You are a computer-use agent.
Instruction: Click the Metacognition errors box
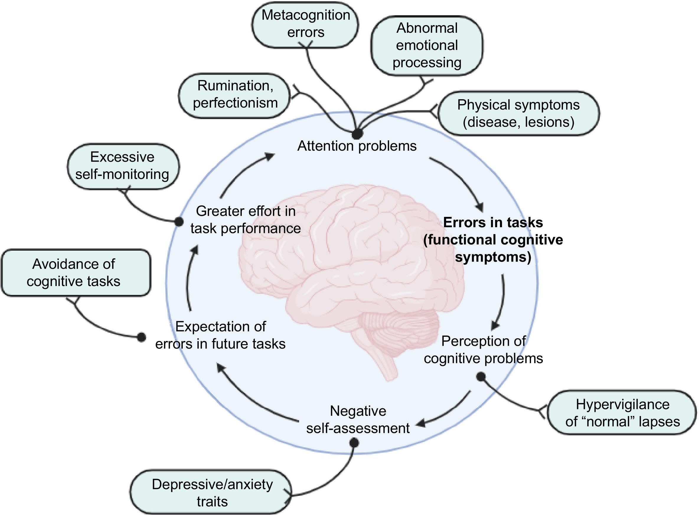pyautogui.click(x=305, y=24)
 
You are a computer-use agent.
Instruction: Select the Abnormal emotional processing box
pyautogui.click(x=427, y=46)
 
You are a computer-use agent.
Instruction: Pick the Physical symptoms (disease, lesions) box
pyautogui.click(x=518, y=113)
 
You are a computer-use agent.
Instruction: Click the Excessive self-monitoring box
pyautogui.click(x=123, y=166)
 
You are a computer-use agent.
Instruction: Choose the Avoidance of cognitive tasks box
pyautogui.click(x=75, y=273)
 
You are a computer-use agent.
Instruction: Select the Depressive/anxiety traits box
pyautogui.click(x=212, y=493)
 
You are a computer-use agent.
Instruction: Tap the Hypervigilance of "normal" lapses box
pyautogui.click(x=622, y=413)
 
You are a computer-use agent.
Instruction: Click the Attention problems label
pyautogui.click(x=357, y=146)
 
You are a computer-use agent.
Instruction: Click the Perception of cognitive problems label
pyautogui.click(x=483, y=350)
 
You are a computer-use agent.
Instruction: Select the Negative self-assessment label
pyautogui.click(x=358, y=420)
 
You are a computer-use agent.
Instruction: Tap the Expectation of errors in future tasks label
pyautogui.click(x=220, y=335)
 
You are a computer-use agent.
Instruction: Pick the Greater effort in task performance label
pyautogui.click(x=246, y=220)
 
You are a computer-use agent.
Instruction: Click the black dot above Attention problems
pyautogui.click(x=357, y=134)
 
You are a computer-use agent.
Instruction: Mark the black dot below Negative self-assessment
pyautogui.click(x=354, y=442)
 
